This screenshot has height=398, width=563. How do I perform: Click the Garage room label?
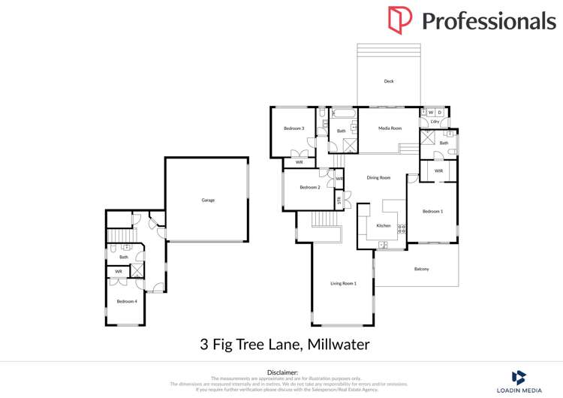coord(208,200)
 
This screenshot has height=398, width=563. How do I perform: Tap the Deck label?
coord(389,81)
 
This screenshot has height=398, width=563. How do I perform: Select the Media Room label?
coord(390,128)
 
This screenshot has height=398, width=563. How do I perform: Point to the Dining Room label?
coord(378,178)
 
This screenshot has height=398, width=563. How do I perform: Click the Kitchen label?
coord(384,225)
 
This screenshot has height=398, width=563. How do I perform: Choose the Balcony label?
coord(421,269)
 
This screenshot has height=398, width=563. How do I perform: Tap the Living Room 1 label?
coord(343,283)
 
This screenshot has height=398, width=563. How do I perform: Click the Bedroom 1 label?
coord(432,212)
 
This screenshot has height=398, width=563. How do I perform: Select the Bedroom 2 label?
coord(310,187)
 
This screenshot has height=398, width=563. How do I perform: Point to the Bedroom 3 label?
coord(294,128)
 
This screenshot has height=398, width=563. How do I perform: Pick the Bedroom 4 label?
coord(126,301)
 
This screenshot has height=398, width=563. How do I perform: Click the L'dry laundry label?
coord(435,122)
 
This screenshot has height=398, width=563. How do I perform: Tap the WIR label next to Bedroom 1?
coord(438,170)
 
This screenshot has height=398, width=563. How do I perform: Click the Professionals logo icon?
coord(399,20)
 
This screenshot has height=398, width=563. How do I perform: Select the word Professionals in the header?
coord(488,21)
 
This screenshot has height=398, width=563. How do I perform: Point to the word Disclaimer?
coord(282,372)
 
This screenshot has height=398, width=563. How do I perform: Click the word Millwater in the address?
coord(336,345)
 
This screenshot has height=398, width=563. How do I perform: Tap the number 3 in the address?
coord(204,345)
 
